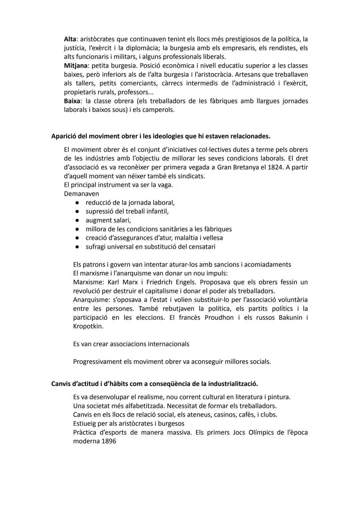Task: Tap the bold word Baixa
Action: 72,101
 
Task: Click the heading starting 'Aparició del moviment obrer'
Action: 161,136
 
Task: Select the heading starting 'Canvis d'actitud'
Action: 154,384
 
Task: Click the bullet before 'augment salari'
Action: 77,220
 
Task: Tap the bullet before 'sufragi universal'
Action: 77,247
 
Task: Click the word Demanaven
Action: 81,194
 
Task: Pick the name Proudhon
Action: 219,317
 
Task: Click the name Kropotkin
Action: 88,326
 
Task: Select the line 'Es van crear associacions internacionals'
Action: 131,344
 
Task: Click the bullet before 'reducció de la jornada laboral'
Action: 77,203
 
